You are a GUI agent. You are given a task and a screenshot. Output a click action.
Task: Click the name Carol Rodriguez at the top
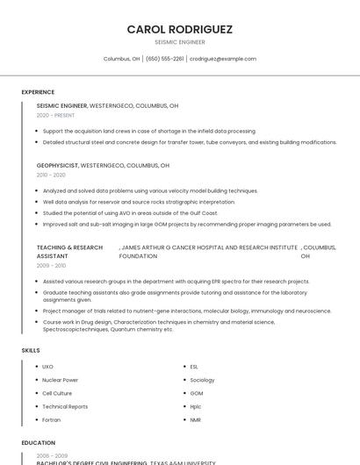[180, 29]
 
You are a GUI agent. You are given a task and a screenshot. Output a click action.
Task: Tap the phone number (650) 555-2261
[165, 59]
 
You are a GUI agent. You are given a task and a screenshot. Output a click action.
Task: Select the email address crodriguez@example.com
[223, 59]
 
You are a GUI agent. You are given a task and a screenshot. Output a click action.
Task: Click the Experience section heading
[38, 92]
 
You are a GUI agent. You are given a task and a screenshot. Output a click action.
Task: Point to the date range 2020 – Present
[55, 115]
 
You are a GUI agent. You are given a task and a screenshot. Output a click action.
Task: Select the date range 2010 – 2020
[51, 175]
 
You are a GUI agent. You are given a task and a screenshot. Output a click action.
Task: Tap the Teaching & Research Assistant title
[69, 252]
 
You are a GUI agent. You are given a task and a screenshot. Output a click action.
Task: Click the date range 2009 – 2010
[51, 265]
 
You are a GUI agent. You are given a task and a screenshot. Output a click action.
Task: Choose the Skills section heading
[31, 350]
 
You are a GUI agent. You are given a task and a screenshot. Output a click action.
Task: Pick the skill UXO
[47, 367]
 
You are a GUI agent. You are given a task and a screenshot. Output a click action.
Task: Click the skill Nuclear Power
[60, 380]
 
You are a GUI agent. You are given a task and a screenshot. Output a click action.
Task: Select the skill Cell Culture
[57, 393]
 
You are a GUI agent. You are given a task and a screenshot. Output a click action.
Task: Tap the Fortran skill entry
[53, 420]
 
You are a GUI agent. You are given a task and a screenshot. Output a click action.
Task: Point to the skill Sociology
[202, 380]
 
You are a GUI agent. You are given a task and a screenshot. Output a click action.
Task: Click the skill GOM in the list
[196, 393]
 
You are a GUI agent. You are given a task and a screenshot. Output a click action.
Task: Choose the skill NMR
[195, 420]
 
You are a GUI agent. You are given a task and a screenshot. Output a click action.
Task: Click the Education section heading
[39, 443]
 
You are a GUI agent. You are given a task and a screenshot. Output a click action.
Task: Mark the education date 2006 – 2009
[51, 456]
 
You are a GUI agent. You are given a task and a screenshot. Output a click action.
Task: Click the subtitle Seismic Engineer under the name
[180, 42]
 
